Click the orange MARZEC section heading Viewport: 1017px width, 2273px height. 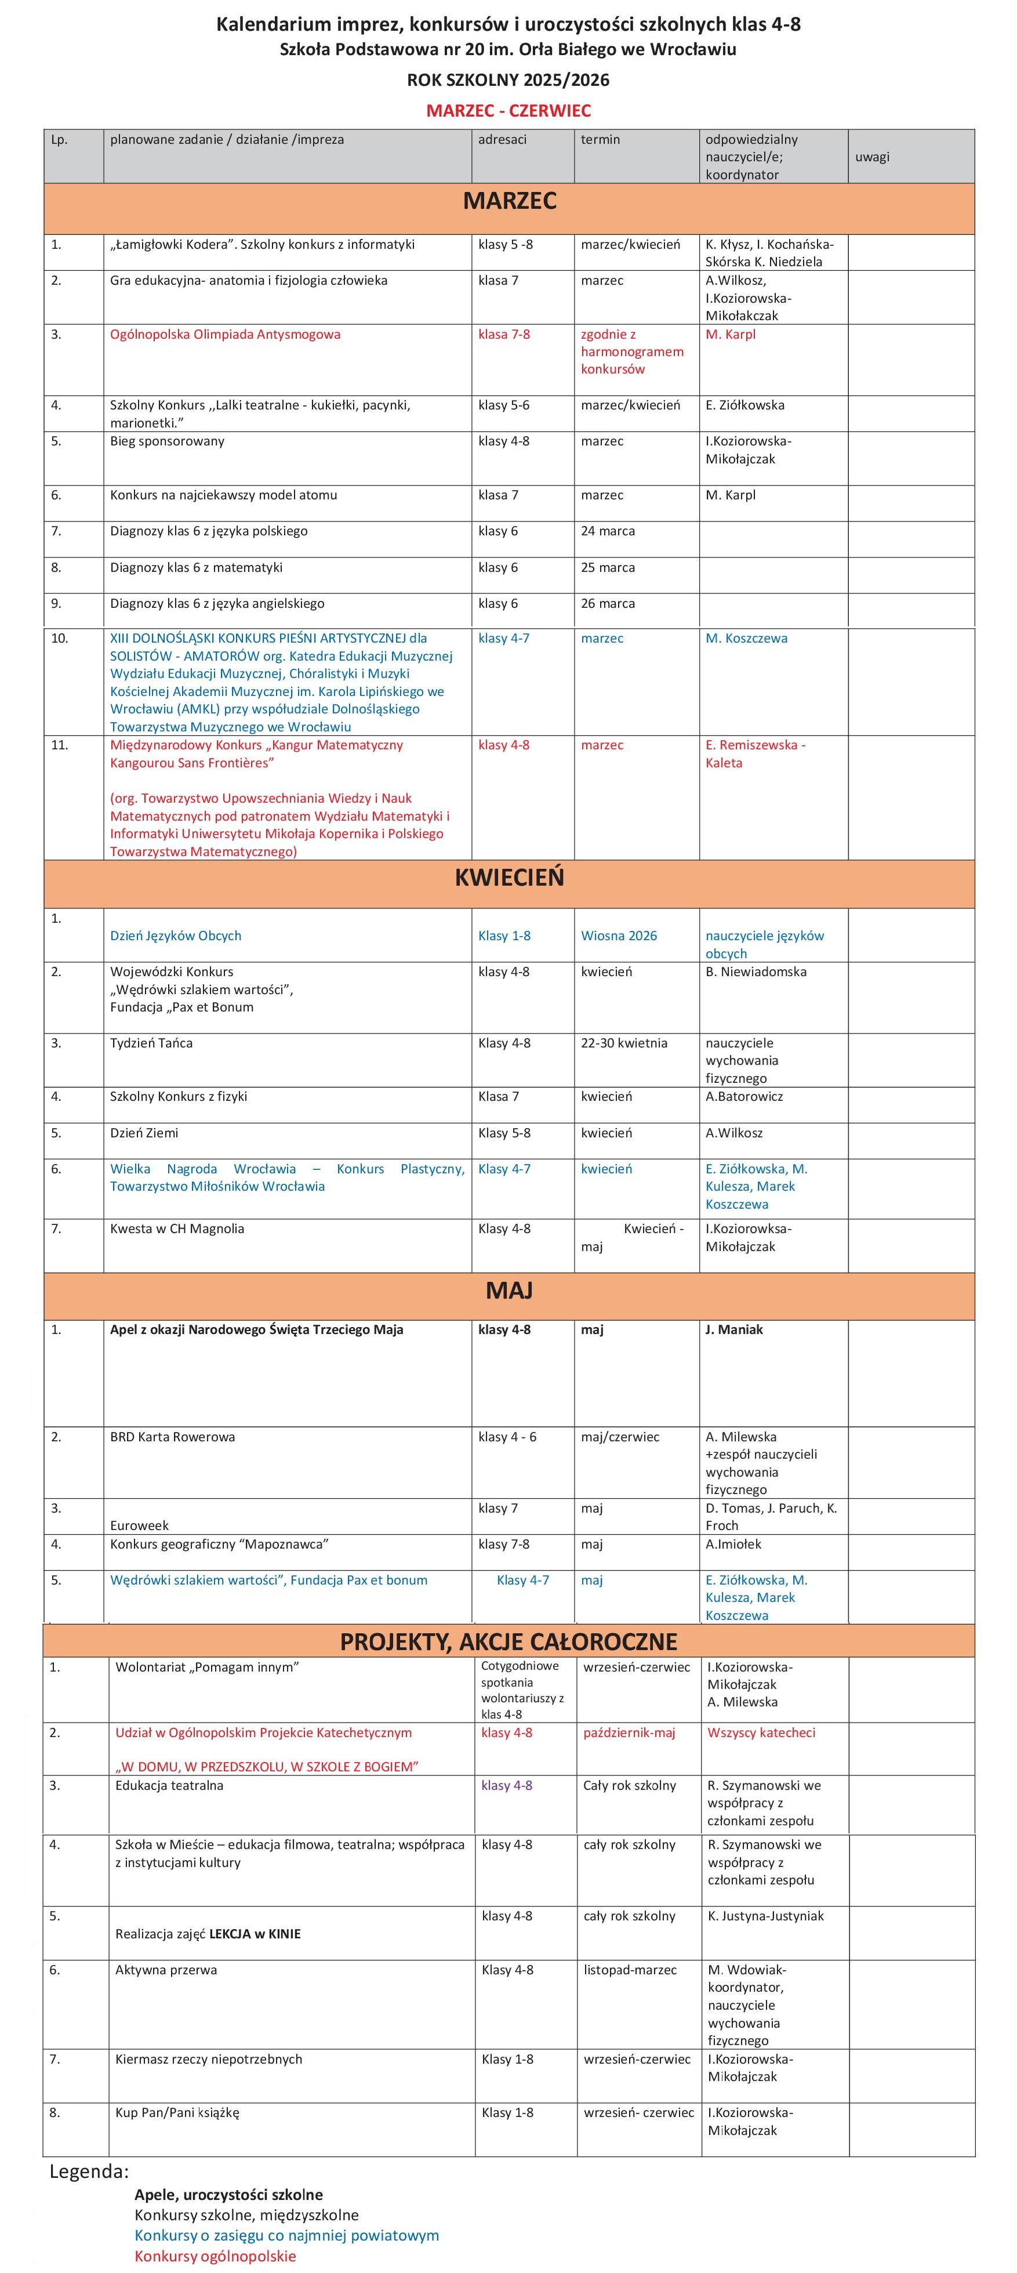click(509, 201)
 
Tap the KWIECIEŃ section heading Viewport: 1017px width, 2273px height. click(509, 878)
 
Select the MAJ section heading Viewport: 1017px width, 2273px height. click(509, 1291)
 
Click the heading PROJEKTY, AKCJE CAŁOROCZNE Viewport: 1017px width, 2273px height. click(509, 1642)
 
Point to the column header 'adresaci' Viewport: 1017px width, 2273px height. click(503, 139)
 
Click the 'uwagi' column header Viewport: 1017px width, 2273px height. click(873, 157)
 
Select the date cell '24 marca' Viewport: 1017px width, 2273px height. click(608, 531)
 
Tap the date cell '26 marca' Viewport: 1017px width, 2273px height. click(608, 604)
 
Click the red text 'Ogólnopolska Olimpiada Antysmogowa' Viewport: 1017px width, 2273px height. click(225, 335)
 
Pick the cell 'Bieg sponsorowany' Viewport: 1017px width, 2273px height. click(168, 441)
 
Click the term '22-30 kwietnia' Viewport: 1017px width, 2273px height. click(624, 1043)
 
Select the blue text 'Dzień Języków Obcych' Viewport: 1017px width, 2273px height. click(176, 936)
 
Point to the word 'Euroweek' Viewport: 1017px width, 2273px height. click(139, 1525)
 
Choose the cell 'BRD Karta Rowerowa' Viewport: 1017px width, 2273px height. click(173, 1437)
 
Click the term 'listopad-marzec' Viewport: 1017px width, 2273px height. click(630, 1970)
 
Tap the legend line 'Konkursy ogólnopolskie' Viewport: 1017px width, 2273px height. click(215, 2256)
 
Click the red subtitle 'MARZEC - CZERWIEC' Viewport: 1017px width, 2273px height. click(508, 110)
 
